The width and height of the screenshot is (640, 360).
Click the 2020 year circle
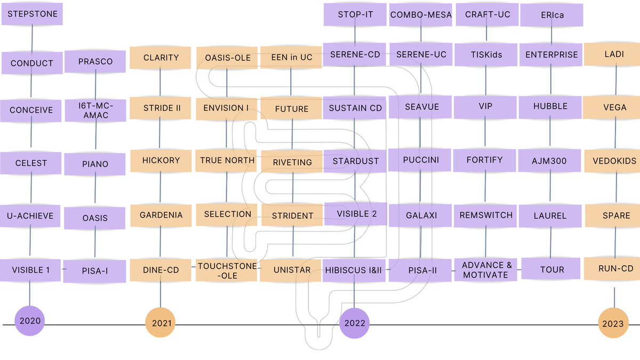[29, 321]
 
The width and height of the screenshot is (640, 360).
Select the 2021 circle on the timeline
[161, 322]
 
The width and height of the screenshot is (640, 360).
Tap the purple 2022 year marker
[355, 323]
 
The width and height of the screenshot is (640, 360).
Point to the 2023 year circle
[613, 323]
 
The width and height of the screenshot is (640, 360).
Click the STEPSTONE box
[32, 14]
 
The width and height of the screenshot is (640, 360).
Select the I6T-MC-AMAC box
[96, 110]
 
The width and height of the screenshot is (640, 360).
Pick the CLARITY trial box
[161, 58]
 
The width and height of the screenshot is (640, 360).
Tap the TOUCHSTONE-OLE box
[227, 270]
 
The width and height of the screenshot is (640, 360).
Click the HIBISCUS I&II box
[354, 270]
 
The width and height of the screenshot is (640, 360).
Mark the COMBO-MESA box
[421, 15]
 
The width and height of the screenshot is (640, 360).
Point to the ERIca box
[551, 15]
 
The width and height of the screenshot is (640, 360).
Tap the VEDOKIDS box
[614, 161]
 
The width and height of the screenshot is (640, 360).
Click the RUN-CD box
[615, 269]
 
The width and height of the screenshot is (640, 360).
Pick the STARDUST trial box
[355, 161]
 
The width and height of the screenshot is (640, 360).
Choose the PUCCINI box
[421, 159]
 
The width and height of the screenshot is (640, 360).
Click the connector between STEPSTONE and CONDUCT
[32, 38]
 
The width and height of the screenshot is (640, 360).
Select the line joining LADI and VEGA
[616, 81]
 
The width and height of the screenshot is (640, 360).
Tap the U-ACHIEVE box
[30, 215]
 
